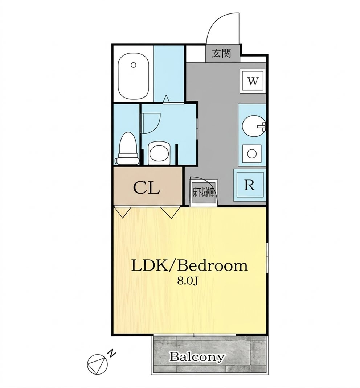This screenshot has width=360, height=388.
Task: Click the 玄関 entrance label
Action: [221, 53]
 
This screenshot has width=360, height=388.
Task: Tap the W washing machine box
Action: [253, 81]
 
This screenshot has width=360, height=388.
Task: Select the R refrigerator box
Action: [250, 185]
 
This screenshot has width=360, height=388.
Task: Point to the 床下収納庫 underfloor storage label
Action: [203, 193]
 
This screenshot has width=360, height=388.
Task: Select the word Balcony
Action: [197, 357]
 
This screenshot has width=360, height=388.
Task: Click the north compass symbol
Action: [97, 364]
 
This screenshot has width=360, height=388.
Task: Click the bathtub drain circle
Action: [134, 65]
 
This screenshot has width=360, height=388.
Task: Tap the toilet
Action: [127, 148]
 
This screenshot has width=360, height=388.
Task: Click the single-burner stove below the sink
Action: [252, 154]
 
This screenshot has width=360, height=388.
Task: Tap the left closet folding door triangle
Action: [123, 212]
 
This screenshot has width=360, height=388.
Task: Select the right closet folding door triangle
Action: [171, 212]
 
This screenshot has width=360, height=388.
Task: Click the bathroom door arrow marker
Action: [166, 99]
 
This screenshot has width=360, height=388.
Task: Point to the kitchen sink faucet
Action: [262, 126]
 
